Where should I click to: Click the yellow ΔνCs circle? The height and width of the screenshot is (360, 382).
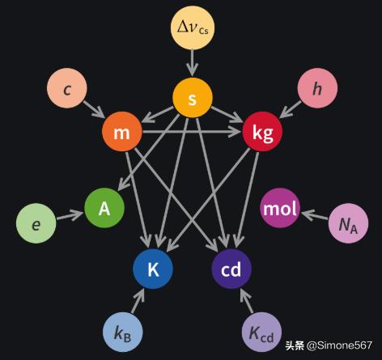coord(193,28)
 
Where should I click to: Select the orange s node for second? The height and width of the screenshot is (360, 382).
coord(193,98)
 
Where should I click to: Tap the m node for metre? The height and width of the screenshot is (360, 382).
coord(122,132)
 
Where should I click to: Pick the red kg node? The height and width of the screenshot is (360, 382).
coord(262,132)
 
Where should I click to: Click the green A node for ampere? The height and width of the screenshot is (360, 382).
coord(104,208)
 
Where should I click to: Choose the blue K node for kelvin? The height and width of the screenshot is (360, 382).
coord(153,269)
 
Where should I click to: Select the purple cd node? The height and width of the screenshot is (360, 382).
coord(231,269)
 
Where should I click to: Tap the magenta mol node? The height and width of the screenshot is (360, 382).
coord(280,208)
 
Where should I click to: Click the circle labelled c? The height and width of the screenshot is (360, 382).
coord(67,88)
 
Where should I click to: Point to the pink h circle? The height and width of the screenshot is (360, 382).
coord(317,88)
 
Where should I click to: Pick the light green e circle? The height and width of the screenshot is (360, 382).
coord(36,223)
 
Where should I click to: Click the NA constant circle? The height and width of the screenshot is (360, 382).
coord(349,223)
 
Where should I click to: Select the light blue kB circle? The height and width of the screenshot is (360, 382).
coord(123,332)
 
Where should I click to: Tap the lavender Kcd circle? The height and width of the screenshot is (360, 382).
coord(261,332)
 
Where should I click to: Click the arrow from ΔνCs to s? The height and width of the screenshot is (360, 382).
coord(193,62)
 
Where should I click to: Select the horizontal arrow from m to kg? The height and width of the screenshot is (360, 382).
coord(191,132)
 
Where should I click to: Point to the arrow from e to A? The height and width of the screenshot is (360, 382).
coord(70,215)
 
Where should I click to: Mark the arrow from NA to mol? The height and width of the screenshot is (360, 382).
coord(315,215)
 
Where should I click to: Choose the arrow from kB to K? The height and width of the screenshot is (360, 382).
coord(138,301)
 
